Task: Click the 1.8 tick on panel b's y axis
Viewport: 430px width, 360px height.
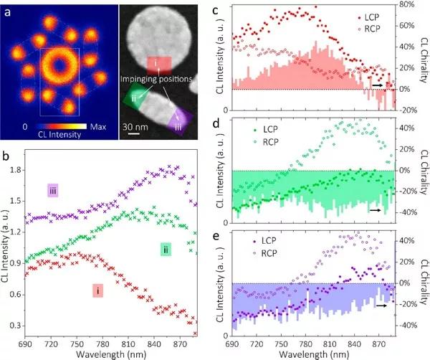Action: (x=16, y=171)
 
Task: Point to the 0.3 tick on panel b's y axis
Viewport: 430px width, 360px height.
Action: (x=16, y=325)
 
